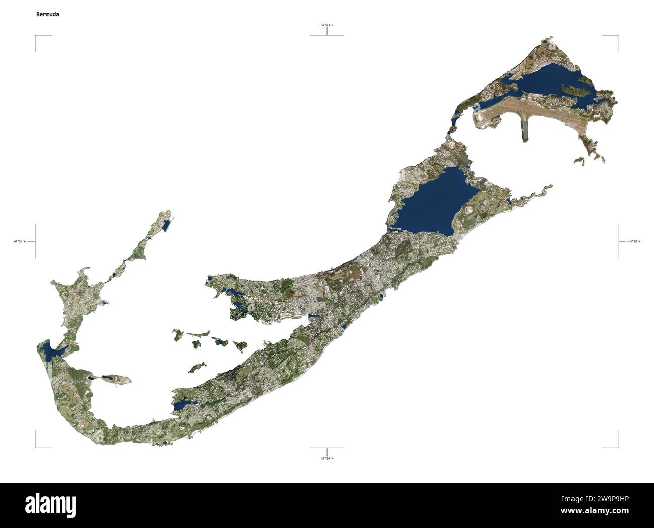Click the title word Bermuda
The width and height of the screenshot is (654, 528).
47,14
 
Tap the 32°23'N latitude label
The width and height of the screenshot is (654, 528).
327,25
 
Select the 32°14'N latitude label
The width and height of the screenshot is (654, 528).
327,458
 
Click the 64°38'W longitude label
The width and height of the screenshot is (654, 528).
634,242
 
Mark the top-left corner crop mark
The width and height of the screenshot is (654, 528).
36,37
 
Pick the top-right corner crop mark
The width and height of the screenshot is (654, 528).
617,37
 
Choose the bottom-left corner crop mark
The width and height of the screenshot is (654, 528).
36,446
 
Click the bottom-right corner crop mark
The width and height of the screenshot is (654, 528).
617,446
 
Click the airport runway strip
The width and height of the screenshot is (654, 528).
533,109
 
